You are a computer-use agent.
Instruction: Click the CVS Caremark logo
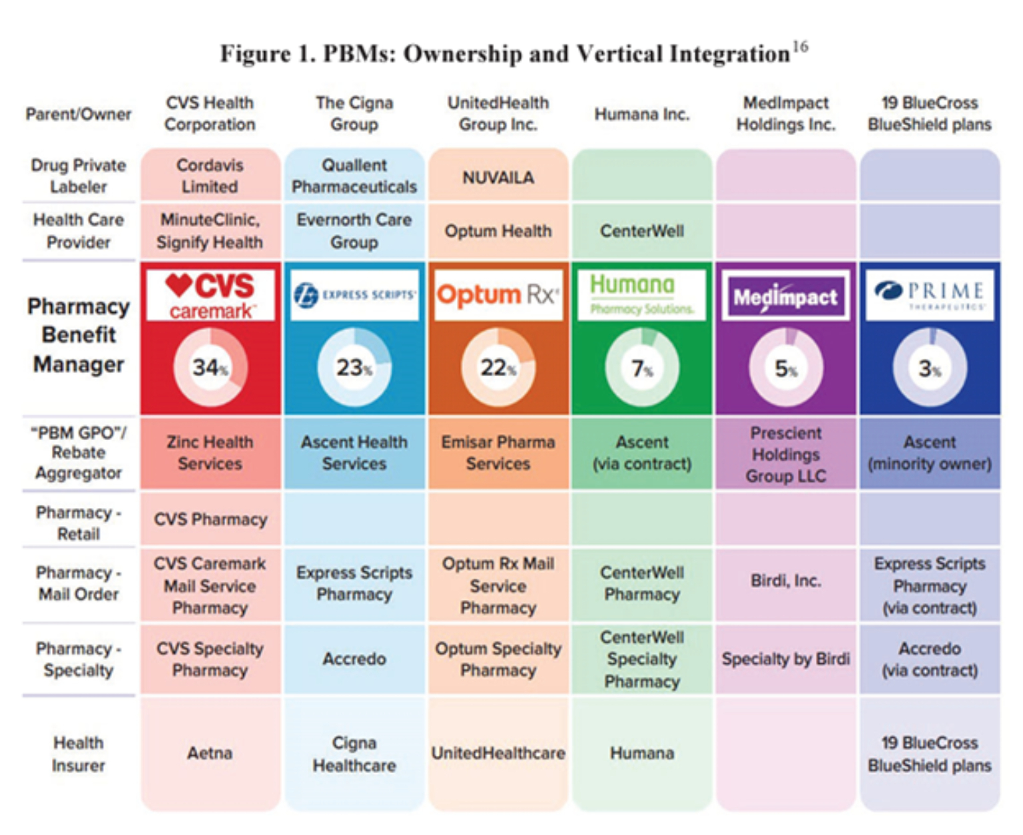pos(210,295)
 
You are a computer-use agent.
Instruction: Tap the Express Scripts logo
pos(354,295)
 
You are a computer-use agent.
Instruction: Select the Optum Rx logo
pos(498,295)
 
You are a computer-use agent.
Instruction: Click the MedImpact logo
pos(786,296)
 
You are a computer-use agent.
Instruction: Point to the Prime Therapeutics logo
pos(930,295)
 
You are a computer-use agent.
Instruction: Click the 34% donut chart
pos(210,367)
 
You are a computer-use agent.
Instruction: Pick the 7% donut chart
pos(642,367)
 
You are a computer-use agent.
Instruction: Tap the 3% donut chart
pos(930,367)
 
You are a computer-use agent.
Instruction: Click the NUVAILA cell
pos(498,177)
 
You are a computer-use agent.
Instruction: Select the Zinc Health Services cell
pos(210,453)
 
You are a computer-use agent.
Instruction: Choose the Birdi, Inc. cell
pos(786,581)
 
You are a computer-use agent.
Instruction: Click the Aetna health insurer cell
pos(210,753)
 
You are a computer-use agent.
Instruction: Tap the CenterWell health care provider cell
pos(642,231)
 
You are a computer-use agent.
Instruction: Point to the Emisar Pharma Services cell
pos(498,453)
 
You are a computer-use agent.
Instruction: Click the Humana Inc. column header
pos(642,115)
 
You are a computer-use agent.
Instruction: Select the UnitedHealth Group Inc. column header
pos(498,113)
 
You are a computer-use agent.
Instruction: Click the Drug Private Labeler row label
pos(79,176)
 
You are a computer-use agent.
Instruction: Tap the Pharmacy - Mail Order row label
pos(79,583)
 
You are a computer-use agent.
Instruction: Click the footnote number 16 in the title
pos(800,47)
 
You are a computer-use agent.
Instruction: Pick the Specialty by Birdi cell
pos(786,659)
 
